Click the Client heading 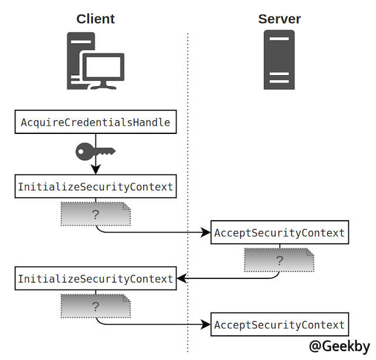[95, 19]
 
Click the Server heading [279, 19]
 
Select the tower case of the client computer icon [76, 59]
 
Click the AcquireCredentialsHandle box [95, 123]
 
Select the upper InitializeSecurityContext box [95, 187]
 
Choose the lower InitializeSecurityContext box [95, 278]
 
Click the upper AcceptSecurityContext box [279, 233]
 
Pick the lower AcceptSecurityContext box [279, 324]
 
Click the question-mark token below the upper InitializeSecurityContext [95, 215]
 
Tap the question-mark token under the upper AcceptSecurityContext [279, 260]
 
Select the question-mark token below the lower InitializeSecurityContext [95, 306]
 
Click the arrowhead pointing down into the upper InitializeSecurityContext [95, 170]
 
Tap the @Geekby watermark [340, 345]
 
